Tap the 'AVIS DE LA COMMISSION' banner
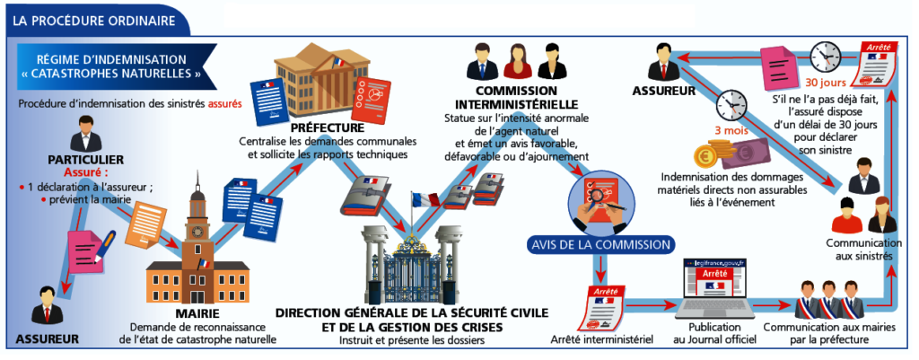tap(600, 244)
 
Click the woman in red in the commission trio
tap(514, 63)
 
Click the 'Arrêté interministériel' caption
tap(601, 338)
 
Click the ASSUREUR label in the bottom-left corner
tap(47, 338)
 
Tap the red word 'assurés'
tap(225, 103)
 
